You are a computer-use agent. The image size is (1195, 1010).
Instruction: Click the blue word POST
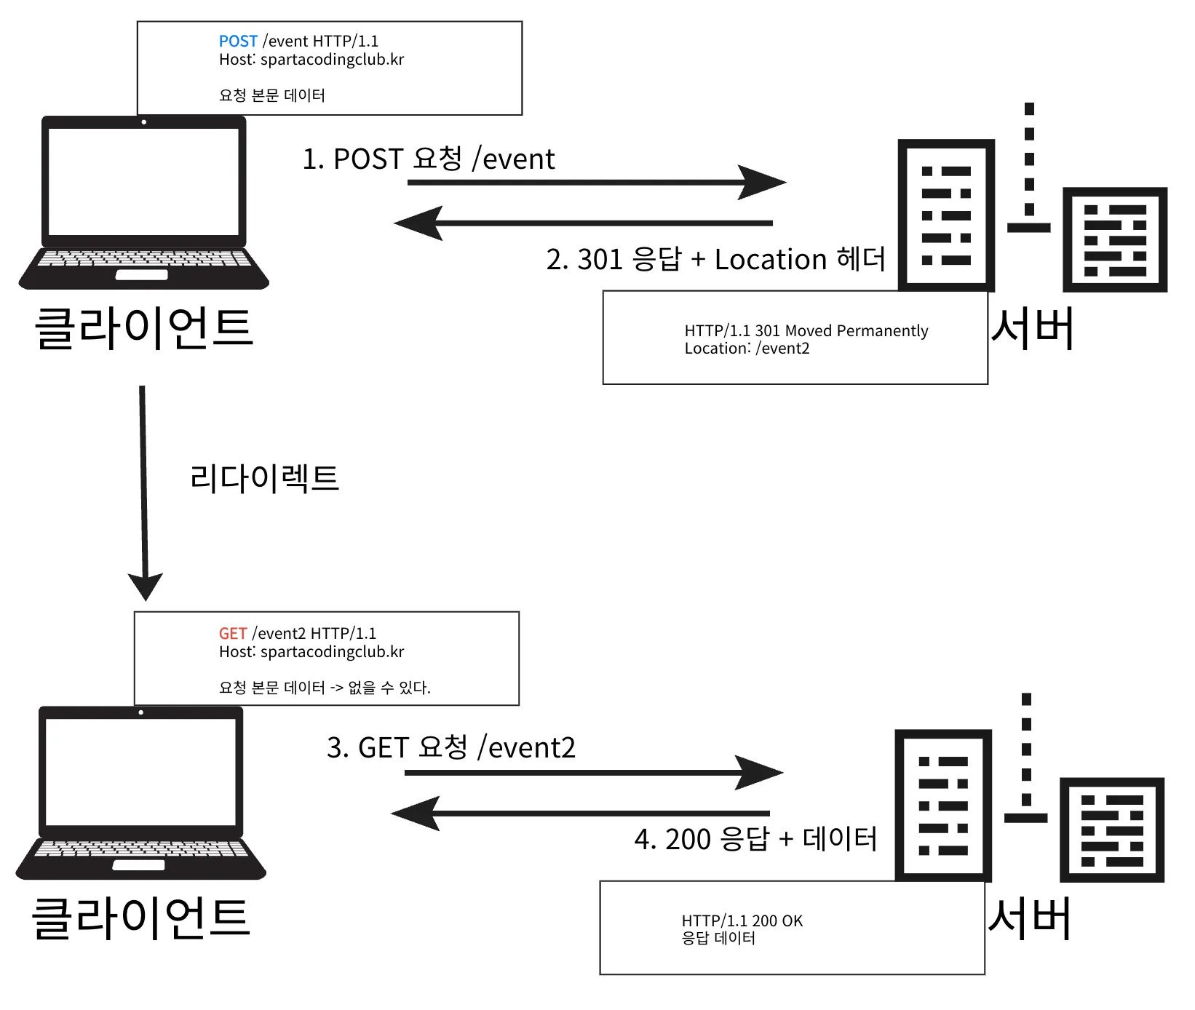pos(238,41)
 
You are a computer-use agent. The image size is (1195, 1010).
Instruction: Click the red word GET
pos(233,634)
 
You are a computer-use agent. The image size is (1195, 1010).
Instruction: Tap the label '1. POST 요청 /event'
pos(428,159)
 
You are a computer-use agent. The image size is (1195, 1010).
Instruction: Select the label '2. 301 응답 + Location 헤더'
pos(715,259)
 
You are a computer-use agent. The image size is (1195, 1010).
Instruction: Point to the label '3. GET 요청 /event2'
pos(450,747)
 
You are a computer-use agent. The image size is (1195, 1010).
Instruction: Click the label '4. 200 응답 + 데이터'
pos(755,839)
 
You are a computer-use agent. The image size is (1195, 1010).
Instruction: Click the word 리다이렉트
pos(264,478)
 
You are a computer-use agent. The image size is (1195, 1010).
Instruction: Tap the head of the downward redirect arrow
pos(146,586)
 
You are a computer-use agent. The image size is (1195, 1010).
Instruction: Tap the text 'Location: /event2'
pos(747,349)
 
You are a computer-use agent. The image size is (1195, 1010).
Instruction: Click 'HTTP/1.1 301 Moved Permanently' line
pos(806,331)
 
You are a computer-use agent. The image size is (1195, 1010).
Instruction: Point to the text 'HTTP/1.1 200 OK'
pos(742,921)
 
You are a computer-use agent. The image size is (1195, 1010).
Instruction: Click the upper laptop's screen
pos(143,181)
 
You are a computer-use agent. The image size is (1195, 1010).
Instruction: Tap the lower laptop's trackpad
pos(138,865)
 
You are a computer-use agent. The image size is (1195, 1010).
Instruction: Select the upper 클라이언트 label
pos(143,328)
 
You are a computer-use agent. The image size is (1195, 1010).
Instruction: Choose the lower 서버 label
pos(1029,919)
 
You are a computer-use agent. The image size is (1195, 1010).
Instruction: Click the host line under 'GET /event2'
pos(311,652)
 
